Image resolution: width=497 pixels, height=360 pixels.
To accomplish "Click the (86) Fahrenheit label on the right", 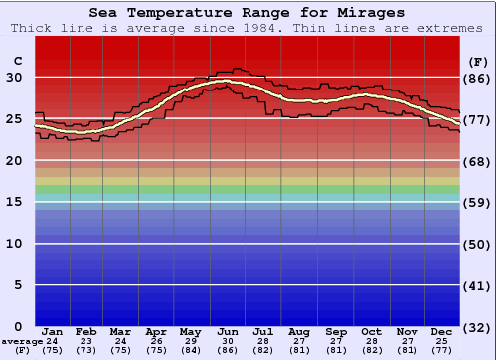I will point(477,78).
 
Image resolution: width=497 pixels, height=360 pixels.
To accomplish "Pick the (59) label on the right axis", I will point(477,202).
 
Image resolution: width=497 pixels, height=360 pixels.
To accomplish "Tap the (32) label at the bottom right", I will point(477,327).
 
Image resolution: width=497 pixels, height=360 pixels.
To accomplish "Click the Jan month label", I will point(53,331).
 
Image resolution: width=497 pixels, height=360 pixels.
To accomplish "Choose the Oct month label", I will point(371,331).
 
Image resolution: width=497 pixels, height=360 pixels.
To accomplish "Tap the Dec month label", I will point(442,331).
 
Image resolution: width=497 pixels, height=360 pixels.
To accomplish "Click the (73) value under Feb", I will point(85,350).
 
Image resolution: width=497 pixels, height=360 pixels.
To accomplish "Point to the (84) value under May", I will point(190,350).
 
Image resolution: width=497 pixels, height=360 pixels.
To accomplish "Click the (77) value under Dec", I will point(442,350).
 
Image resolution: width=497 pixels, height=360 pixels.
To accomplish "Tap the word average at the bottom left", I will point(22,341).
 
